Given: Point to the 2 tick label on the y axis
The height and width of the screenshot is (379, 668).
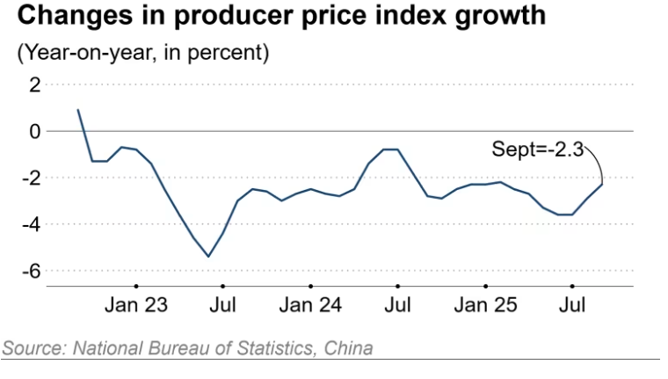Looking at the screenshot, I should (34, 84).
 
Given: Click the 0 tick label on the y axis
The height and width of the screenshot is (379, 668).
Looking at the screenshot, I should (34, 131).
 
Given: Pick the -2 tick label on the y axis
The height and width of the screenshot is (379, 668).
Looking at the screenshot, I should (31, 178).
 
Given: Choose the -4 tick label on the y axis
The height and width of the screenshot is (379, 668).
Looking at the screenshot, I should (31, 224).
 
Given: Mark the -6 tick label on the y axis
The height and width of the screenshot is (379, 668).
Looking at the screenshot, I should (31, 271).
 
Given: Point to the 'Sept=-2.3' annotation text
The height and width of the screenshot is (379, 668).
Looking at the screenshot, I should (537, 151).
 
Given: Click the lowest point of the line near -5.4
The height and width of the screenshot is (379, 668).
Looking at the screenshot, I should (208, 257).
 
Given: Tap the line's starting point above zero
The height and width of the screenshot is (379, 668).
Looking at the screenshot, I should (78, 110).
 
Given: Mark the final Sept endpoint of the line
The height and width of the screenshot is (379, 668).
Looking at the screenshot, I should (602, 184).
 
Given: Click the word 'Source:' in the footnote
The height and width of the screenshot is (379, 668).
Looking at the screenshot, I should (31, 347).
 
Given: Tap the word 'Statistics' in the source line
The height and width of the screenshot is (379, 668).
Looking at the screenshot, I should (267, 347).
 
